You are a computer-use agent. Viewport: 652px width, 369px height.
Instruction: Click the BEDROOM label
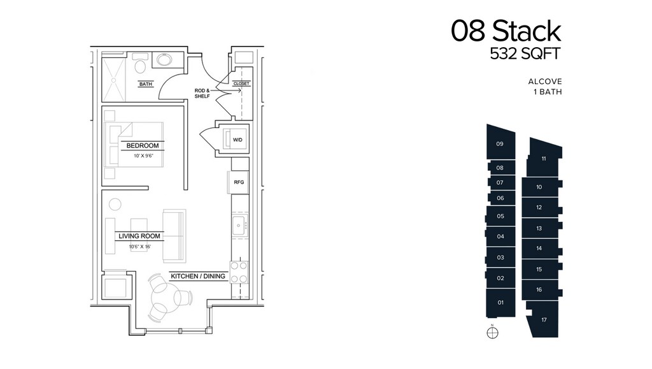(x=143, y=145)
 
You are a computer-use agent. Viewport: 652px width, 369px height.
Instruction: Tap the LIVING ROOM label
(x=139, y=236)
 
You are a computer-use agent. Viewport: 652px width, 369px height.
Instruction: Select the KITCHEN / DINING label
(x=198, y=276)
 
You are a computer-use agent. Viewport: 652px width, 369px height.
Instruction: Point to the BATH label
(x=146, y=84)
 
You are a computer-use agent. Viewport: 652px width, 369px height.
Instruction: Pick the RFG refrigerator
(x=239, y=182)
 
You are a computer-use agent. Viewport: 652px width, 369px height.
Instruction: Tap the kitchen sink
(x=240, y=225)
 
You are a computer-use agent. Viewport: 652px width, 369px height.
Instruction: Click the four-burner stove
(x=239, y=272)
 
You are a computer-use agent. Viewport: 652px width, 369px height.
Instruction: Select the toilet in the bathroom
(x=141, y=64)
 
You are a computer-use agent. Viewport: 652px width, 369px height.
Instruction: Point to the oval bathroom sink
(x=166, y=60)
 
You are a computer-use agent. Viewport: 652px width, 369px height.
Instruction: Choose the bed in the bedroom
(x=134, y=145)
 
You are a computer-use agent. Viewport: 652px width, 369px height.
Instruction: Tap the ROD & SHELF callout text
(x=202, y=93)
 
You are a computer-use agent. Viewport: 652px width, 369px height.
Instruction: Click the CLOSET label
(x=241, y=83)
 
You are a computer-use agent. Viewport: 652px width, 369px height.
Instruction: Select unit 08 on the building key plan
(x=500, y=168)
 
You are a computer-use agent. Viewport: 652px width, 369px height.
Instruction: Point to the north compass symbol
(x=492, y=333)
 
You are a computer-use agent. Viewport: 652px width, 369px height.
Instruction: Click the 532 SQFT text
(x=525, y=54)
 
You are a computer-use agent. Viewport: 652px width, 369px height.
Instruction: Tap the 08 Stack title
(x=506, y=31)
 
